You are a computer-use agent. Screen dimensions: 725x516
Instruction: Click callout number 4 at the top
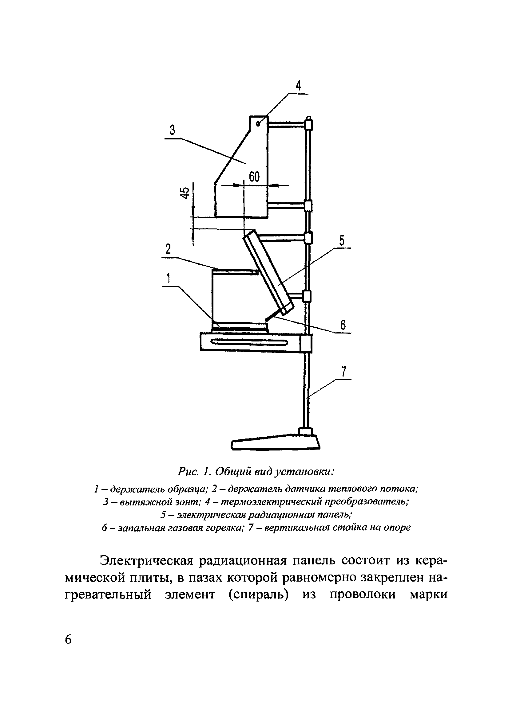298,86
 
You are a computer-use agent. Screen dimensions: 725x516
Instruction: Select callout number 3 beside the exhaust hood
172,130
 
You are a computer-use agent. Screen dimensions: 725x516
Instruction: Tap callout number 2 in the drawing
168,249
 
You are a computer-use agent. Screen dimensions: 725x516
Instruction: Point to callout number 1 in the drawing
168,278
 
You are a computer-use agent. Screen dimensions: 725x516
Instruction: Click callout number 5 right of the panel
342,241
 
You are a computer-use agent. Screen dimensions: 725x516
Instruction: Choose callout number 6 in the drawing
343,325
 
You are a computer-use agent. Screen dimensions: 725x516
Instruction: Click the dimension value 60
254,177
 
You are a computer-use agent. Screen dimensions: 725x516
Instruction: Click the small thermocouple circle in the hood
258,124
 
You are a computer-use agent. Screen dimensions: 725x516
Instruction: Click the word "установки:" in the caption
304,473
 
